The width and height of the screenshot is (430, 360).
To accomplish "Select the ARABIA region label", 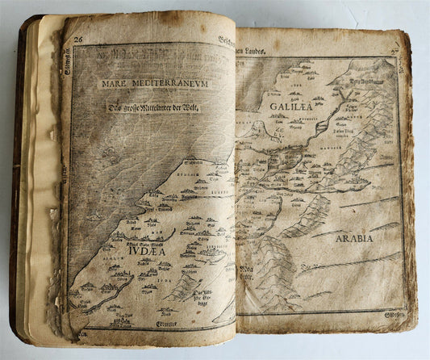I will point(353,238).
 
